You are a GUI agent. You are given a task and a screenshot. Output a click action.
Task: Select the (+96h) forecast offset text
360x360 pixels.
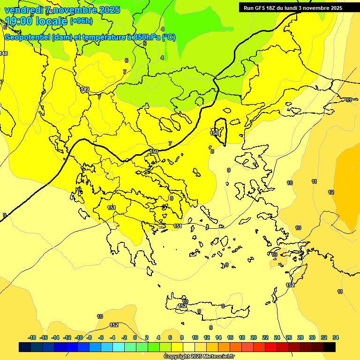[x=81, y=21]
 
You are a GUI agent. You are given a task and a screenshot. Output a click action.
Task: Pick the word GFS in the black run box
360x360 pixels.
[x=264, y=8]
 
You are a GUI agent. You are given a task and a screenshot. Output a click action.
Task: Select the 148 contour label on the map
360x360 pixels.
[x=4, y=53]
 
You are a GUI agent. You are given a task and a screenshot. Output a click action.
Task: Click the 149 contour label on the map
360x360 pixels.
[x=85, y=89]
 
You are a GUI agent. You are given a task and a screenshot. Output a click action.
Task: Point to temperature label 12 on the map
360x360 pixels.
[x=331, y=192]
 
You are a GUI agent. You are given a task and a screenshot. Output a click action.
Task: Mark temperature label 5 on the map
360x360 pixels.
[x=145, y=44]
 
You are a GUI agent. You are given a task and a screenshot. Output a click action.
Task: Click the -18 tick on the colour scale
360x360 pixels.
[x=32, y=337]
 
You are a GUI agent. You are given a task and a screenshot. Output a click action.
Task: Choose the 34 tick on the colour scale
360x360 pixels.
[x=336, y=337]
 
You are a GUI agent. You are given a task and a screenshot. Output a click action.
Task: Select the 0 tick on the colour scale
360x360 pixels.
[x=135, y=337]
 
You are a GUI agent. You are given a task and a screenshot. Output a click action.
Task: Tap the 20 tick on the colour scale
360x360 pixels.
[x=254, y=337]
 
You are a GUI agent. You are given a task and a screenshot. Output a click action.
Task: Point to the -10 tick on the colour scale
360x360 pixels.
[x=79, y=337]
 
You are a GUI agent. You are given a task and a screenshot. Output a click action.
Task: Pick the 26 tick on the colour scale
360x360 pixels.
[x=289, y=337]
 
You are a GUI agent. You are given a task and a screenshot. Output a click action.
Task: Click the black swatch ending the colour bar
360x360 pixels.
[x=330, y=347]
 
